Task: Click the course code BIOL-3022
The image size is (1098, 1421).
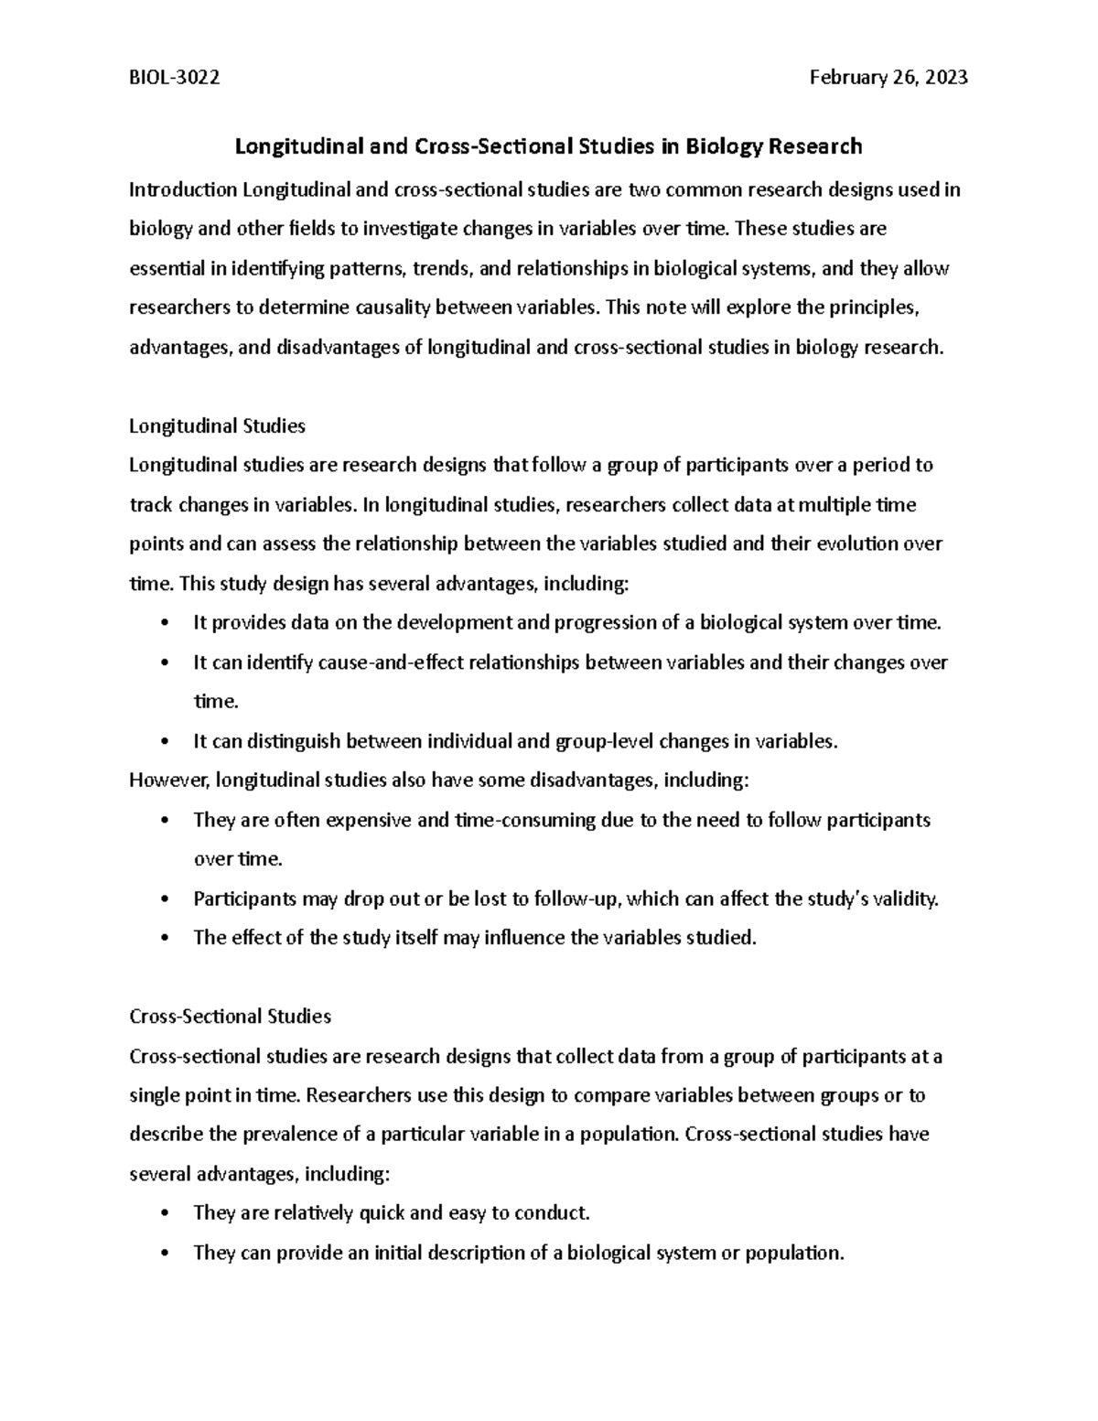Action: pos(174,79)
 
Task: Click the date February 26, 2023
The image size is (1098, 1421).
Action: pos(888,79)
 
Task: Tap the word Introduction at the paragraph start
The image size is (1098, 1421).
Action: pos(183,190)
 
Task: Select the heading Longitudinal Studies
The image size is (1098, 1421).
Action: pos(217,426)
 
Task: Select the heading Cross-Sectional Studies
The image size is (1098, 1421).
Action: pos(230,1017)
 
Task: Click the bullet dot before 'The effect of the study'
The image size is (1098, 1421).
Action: pos(164,939)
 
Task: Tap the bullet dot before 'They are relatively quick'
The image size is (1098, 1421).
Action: pos(164,1214)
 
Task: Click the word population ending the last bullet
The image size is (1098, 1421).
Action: pos(794,1254)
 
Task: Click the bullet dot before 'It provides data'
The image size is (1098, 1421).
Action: pos(164,624)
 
